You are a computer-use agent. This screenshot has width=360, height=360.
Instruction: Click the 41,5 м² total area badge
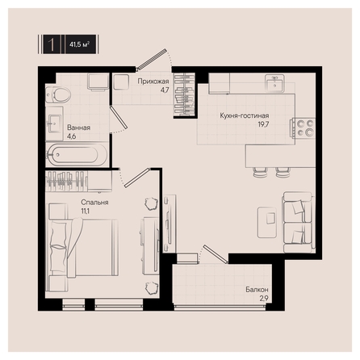pyautogui.click(x=81, y=44)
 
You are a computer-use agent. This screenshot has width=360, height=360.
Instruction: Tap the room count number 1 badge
pyautogui.click(x=52, y=44)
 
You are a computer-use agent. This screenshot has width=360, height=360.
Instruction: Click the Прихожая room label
pyautogui.click(x=153, y=82)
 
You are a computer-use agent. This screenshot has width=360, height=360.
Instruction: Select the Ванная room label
pyautogui.click(x=78, y=128)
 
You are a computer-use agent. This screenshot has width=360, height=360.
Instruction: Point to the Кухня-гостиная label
pyautogui.click(x=245, y=115)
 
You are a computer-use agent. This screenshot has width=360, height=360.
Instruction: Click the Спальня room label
pyautogui.click(x=94, y=203)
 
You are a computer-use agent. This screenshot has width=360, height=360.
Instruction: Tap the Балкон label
pyautogui.click(x=257, y=290)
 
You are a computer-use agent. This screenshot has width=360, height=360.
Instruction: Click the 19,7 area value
pyautogui.click(x=263, y=124)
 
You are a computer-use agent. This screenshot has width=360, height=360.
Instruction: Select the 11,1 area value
pyautogui.click(x=86, y=211)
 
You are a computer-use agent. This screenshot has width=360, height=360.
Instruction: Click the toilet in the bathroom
pyautogui.click(x=58, y=94)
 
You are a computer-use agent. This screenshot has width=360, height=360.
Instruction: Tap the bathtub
pyautogui.click(x=77, y=155)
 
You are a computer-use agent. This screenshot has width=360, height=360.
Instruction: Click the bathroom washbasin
pyautogui.click(x=55, y=123)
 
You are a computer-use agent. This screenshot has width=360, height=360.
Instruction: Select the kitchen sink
pyautogui.click(x=274, y=83)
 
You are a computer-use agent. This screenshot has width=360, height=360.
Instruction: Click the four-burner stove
pyautogui.click(x=304, y=128)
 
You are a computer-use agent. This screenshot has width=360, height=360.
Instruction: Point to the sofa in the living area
pyautogui.click(x=299, y=222)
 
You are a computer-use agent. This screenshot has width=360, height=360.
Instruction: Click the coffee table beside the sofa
pyautogui.click(x=267, y=222)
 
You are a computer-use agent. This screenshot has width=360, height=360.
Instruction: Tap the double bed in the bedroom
pyautogui.click(x=83, y=248)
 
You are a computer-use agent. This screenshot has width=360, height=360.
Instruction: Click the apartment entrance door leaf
pyautogui.click(x=152, y=59)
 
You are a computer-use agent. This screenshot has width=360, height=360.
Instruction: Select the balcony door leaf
pyautogui.click(x=216, y=254)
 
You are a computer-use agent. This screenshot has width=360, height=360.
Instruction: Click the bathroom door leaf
pyautogui.click(x=119, y=117)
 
